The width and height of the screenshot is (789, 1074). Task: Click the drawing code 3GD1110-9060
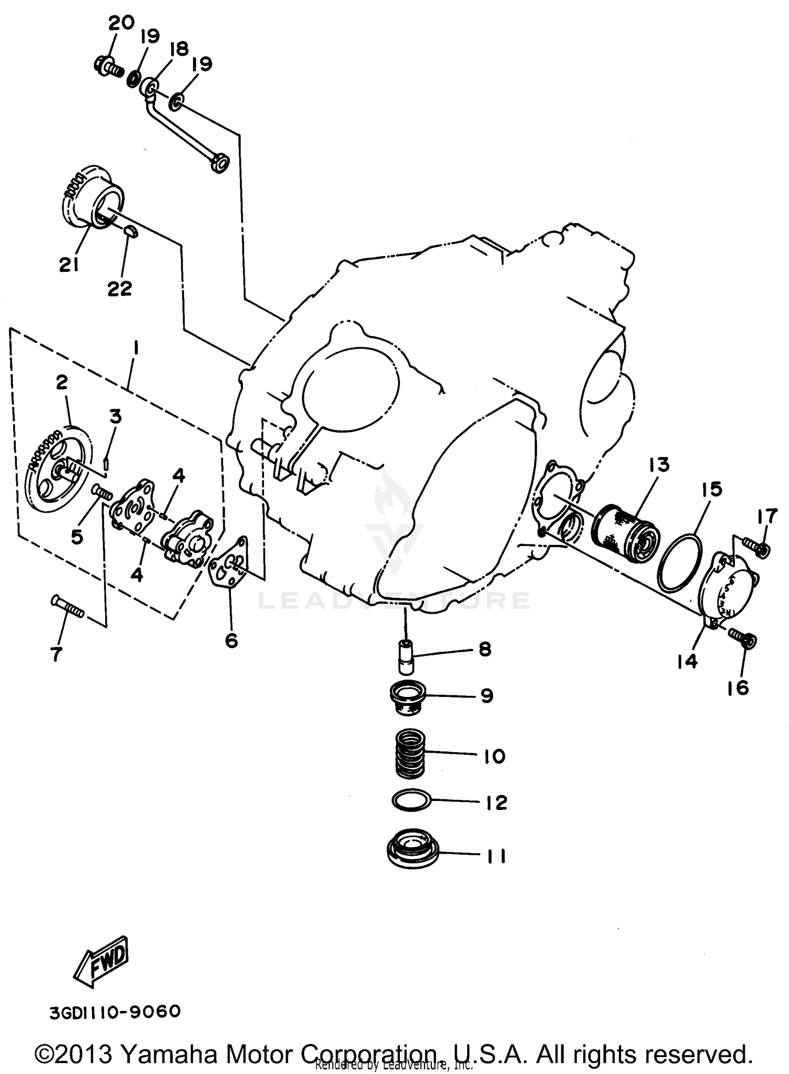tap(115, 1012)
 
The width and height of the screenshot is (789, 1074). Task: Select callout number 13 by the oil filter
tap(659, 465)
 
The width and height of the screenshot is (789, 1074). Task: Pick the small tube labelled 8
tap(407, 657)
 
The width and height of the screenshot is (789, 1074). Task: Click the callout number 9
tap(487, 695)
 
